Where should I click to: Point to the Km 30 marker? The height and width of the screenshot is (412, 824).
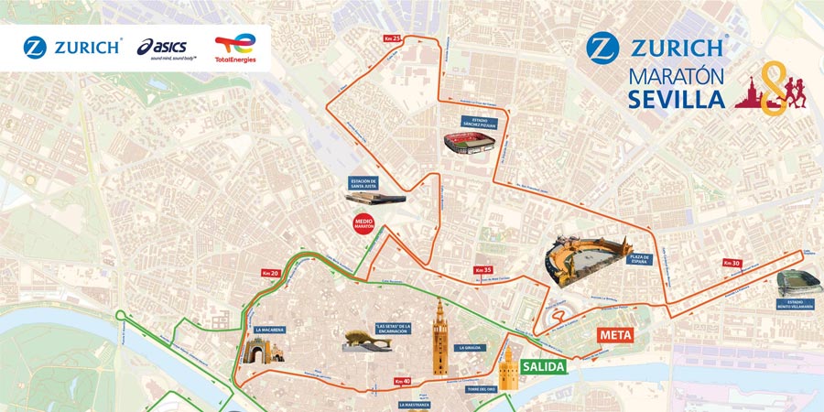point(731,264)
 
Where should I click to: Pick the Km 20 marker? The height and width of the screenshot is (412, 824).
point(269,273)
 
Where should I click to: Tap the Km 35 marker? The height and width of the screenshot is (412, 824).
point(483,270)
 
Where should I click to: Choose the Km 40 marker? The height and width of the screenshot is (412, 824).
point(402,381)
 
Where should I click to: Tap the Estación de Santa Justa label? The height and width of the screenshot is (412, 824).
point(364,182)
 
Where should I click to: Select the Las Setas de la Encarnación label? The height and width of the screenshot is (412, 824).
point(392,327)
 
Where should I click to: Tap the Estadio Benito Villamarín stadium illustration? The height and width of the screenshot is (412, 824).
point(793,283)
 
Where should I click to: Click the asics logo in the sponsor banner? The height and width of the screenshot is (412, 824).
point(167,47)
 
